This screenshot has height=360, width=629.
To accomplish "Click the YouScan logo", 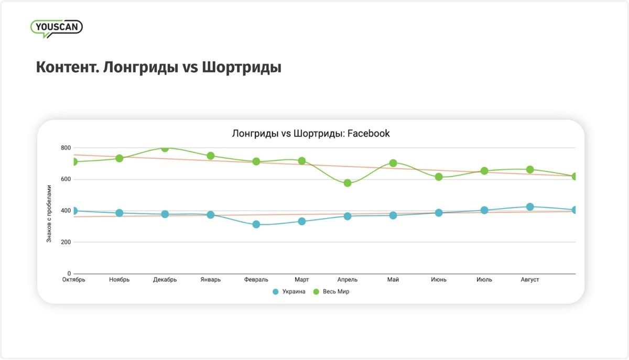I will (56, 28).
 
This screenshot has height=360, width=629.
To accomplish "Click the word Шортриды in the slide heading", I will (241, 68).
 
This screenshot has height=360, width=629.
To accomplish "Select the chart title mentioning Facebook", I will (311, 134).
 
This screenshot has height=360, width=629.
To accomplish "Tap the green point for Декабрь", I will (165, 148).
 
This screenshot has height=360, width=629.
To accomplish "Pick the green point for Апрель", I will (347, 183).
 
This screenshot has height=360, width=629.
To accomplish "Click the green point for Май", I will (393, 163).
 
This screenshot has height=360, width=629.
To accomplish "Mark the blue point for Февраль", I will (256, 224).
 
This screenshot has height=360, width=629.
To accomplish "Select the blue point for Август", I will (530, 207).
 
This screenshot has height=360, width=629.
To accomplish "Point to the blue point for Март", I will (301, 221).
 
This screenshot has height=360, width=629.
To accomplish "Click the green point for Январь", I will (210, 156).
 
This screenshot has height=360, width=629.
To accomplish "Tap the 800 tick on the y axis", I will (66, 148).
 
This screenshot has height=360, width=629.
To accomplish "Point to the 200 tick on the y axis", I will (66, 242).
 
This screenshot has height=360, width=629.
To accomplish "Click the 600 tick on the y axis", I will (66, 179).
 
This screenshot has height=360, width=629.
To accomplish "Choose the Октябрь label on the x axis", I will (73, 280).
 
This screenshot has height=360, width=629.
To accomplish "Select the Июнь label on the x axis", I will (439, 280).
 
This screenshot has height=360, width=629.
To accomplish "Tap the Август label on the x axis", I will (530, 280).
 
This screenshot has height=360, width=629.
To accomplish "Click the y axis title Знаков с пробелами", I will (49, 213).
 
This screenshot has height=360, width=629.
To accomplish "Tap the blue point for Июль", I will (484, 210).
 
